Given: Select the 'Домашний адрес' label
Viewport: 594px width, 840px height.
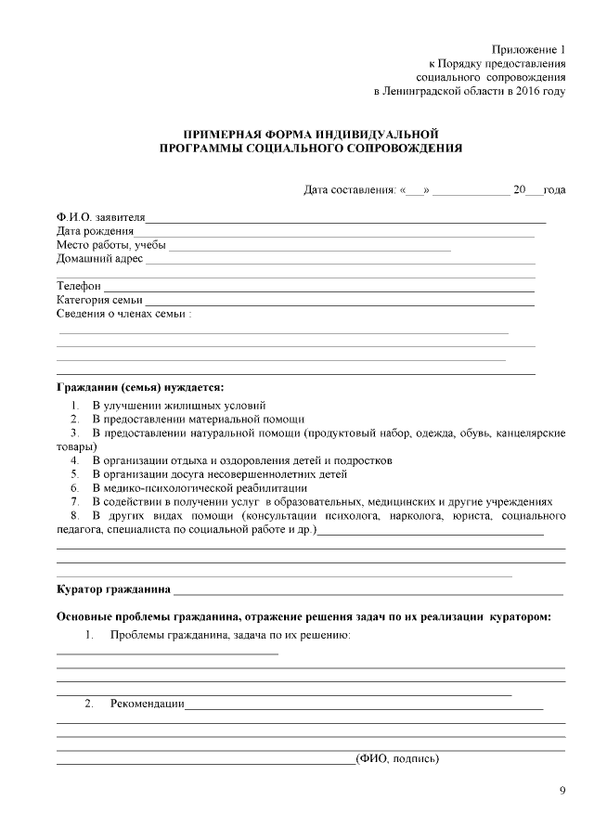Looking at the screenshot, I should coord(99,259).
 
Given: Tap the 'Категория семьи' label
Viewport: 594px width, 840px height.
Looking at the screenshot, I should coord(99,301).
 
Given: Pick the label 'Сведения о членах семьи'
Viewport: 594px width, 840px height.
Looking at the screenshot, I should coord(123,315).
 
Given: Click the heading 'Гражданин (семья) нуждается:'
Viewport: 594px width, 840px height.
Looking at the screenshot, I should coord(140,386).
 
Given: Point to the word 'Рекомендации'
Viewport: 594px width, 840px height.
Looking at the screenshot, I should coord(147,704).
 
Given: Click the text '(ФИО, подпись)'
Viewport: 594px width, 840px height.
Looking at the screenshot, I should coord(397,759).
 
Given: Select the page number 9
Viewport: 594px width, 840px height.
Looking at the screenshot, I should coord(562,792).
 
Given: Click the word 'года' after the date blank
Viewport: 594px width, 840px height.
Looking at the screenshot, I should coord(554,190).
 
